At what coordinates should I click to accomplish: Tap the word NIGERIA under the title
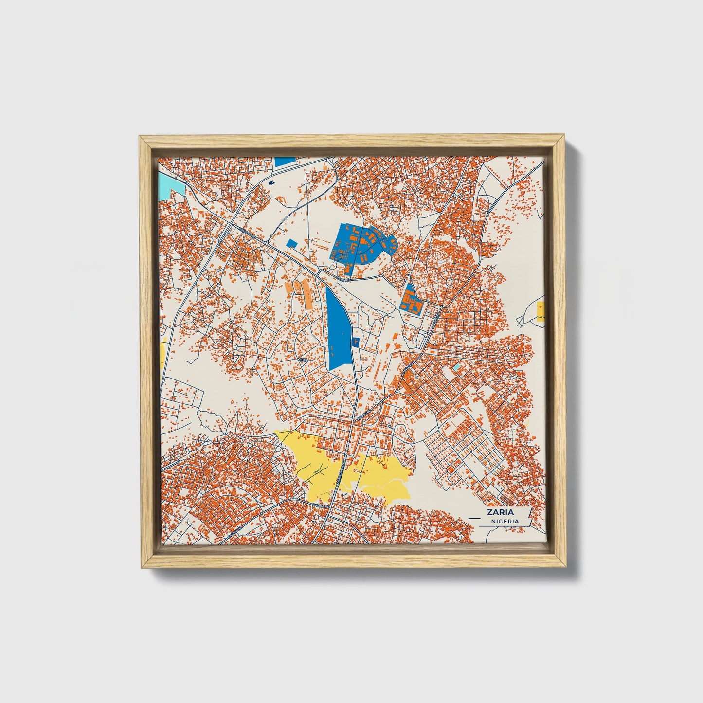(x=505, y=521)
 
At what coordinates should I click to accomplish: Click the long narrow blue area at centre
(x=339, y=328)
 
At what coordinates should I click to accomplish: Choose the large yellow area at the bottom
(x=350, y=467)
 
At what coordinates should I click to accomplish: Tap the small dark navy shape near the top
(x=270, y=183)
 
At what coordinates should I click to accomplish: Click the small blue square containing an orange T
(x=355, y=342)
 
